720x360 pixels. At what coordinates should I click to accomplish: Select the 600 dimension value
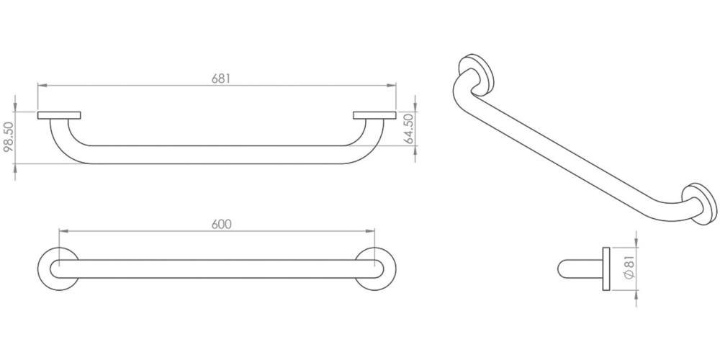pyautogui.click(x=222, y=224)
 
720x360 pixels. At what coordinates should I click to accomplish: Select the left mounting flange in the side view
pyautogui.click(x=59, y=115)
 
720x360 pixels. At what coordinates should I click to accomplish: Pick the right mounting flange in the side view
pyautogui.click(x=374, y=115)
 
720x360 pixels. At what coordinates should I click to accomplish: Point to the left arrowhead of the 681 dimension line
pyautogui.click(x=41, y=86)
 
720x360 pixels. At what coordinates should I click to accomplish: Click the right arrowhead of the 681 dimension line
pyautogui.click(x=392, y=86)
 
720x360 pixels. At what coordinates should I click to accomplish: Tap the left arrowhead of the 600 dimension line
pyautogui.click(x=63, y=231)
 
